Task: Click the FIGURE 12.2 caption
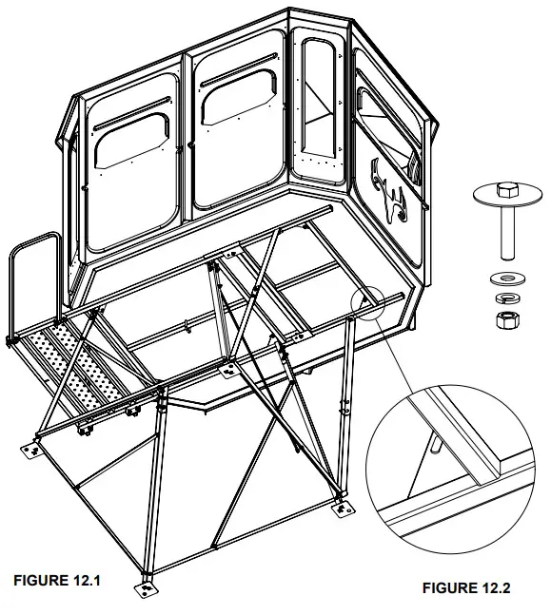(x=466, y=588)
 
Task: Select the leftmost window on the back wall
(x=132, y=147)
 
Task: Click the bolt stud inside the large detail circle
(x=435, y=442)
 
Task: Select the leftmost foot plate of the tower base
(x=31, y=447)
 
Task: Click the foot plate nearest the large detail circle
(x=341, y=509)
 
